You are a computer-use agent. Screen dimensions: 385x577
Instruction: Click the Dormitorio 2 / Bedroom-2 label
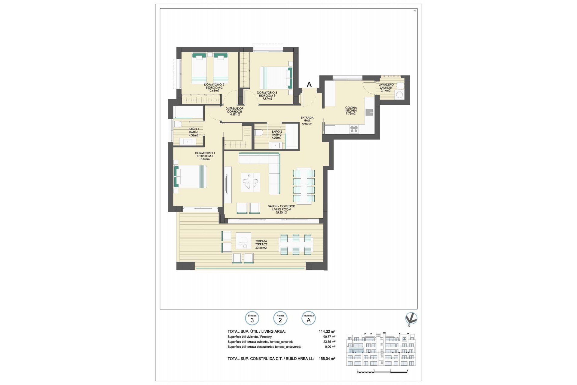pyautogui.click(x=214, y=88)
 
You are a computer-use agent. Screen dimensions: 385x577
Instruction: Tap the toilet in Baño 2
pyautogui.click(x=259, y=132)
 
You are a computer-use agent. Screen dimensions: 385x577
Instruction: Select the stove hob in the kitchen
pyautogui.click(x=354, y=129)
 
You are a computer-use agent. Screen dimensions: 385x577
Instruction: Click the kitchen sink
pyautogui.click(x=369, y=112)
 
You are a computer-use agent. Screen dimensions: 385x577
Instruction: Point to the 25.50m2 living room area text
pyautogui.click(x=281, y=212)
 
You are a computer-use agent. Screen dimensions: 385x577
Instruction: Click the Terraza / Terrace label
pyautogui.click(x=261, y=244)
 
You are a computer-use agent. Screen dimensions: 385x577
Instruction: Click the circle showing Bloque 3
pyautogui.click(x=252, y=319)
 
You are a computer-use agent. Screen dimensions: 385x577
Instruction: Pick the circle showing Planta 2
pyautogui.click(x=280, y=319)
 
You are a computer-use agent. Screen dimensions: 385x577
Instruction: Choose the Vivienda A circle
pyautogui.click(x=308, y=319)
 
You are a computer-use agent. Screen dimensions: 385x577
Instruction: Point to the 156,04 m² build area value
pyautogui.click(x=327, y=359)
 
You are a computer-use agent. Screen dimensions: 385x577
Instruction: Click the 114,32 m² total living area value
pyautogui.click(x=327, y=331)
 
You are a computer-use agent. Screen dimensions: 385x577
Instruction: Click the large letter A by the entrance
pyautogui.click(x=309, y=85)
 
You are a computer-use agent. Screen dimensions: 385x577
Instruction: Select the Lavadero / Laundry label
pyautogui.click(x=386, y=88)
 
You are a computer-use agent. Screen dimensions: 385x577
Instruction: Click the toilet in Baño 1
pyautogui.click(x=177, y=124)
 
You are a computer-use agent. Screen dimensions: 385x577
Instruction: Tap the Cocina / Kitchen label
pyautogui.click(x=351, y=110)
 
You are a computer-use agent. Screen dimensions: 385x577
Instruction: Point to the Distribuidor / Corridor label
pyautogui.click(x=235, y=111)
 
